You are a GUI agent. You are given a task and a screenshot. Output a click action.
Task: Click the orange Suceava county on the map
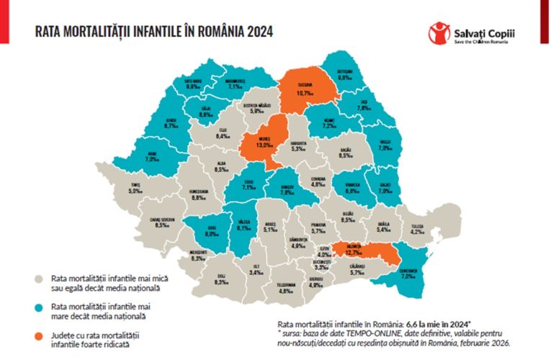click(303, 89)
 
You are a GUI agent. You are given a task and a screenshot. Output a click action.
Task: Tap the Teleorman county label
click(287, 288)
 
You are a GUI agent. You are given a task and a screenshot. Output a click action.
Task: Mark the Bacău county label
click(345, 151)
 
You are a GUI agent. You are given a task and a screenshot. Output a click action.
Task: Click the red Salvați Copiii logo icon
click(437, 32)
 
